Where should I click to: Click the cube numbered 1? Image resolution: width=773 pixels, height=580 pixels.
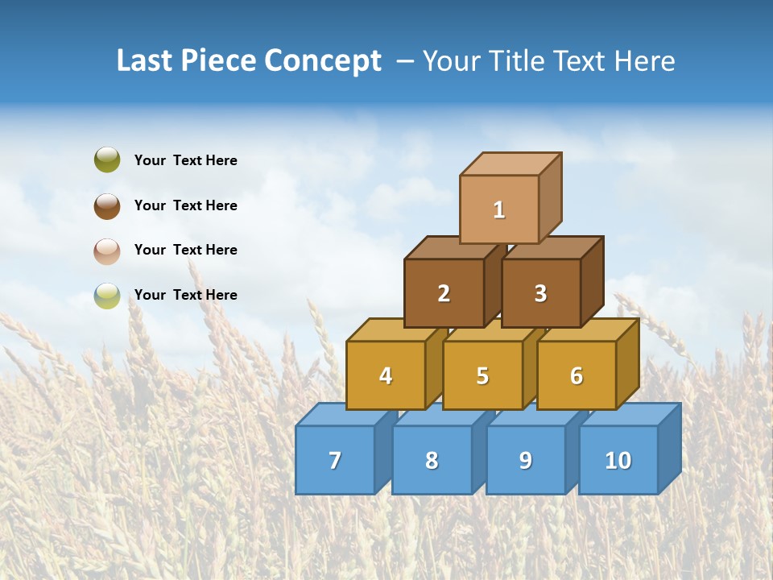click(x=499, y=209)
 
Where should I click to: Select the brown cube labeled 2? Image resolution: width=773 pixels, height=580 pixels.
click(x=444, y=293)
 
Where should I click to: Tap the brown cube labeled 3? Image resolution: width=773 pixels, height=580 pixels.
click(x=540, y=293)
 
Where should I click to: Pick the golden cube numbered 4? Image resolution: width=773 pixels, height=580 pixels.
click(x=386, y=375)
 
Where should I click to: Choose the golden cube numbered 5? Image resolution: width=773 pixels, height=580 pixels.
click(x=482, y=375)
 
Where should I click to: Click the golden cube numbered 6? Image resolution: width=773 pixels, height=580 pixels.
click(x=577, y=375)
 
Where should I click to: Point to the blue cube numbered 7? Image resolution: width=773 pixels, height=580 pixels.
click(x=335, y=460)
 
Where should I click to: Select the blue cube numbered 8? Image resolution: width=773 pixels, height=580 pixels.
click(x=432, y=460)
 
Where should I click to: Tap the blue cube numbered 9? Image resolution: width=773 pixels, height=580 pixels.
click(x=526, y=460)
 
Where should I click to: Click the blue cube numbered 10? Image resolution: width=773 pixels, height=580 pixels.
click(x=618, y=460)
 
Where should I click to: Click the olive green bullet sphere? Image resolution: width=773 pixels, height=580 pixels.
click(x=107, y=160)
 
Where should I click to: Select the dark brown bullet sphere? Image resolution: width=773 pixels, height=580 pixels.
click(x=107, y=205)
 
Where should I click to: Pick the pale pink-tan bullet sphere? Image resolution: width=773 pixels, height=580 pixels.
click(x=107, y=251)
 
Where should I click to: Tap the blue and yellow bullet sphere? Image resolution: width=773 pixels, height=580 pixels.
click(x=107, y=296)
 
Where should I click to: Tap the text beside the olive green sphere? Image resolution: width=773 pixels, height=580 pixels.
click(x=186, y=160)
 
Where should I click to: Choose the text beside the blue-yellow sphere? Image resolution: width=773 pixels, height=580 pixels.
click(x=186, y=295)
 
